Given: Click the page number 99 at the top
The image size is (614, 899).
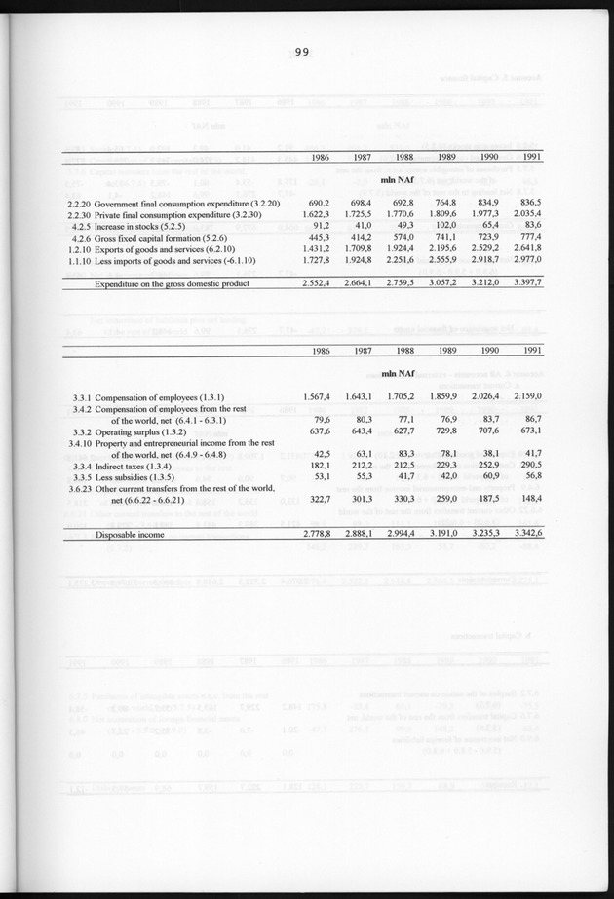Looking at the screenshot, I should [300, 55].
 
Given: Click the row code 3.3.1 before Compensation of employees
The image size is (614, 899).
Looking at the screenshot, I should [83, 396].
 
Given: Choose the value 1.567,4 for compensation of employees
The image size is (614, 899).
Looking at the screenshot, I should [319, 396].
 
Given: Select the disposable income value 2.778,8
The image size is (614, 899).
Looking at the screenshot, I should [319, 534].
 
